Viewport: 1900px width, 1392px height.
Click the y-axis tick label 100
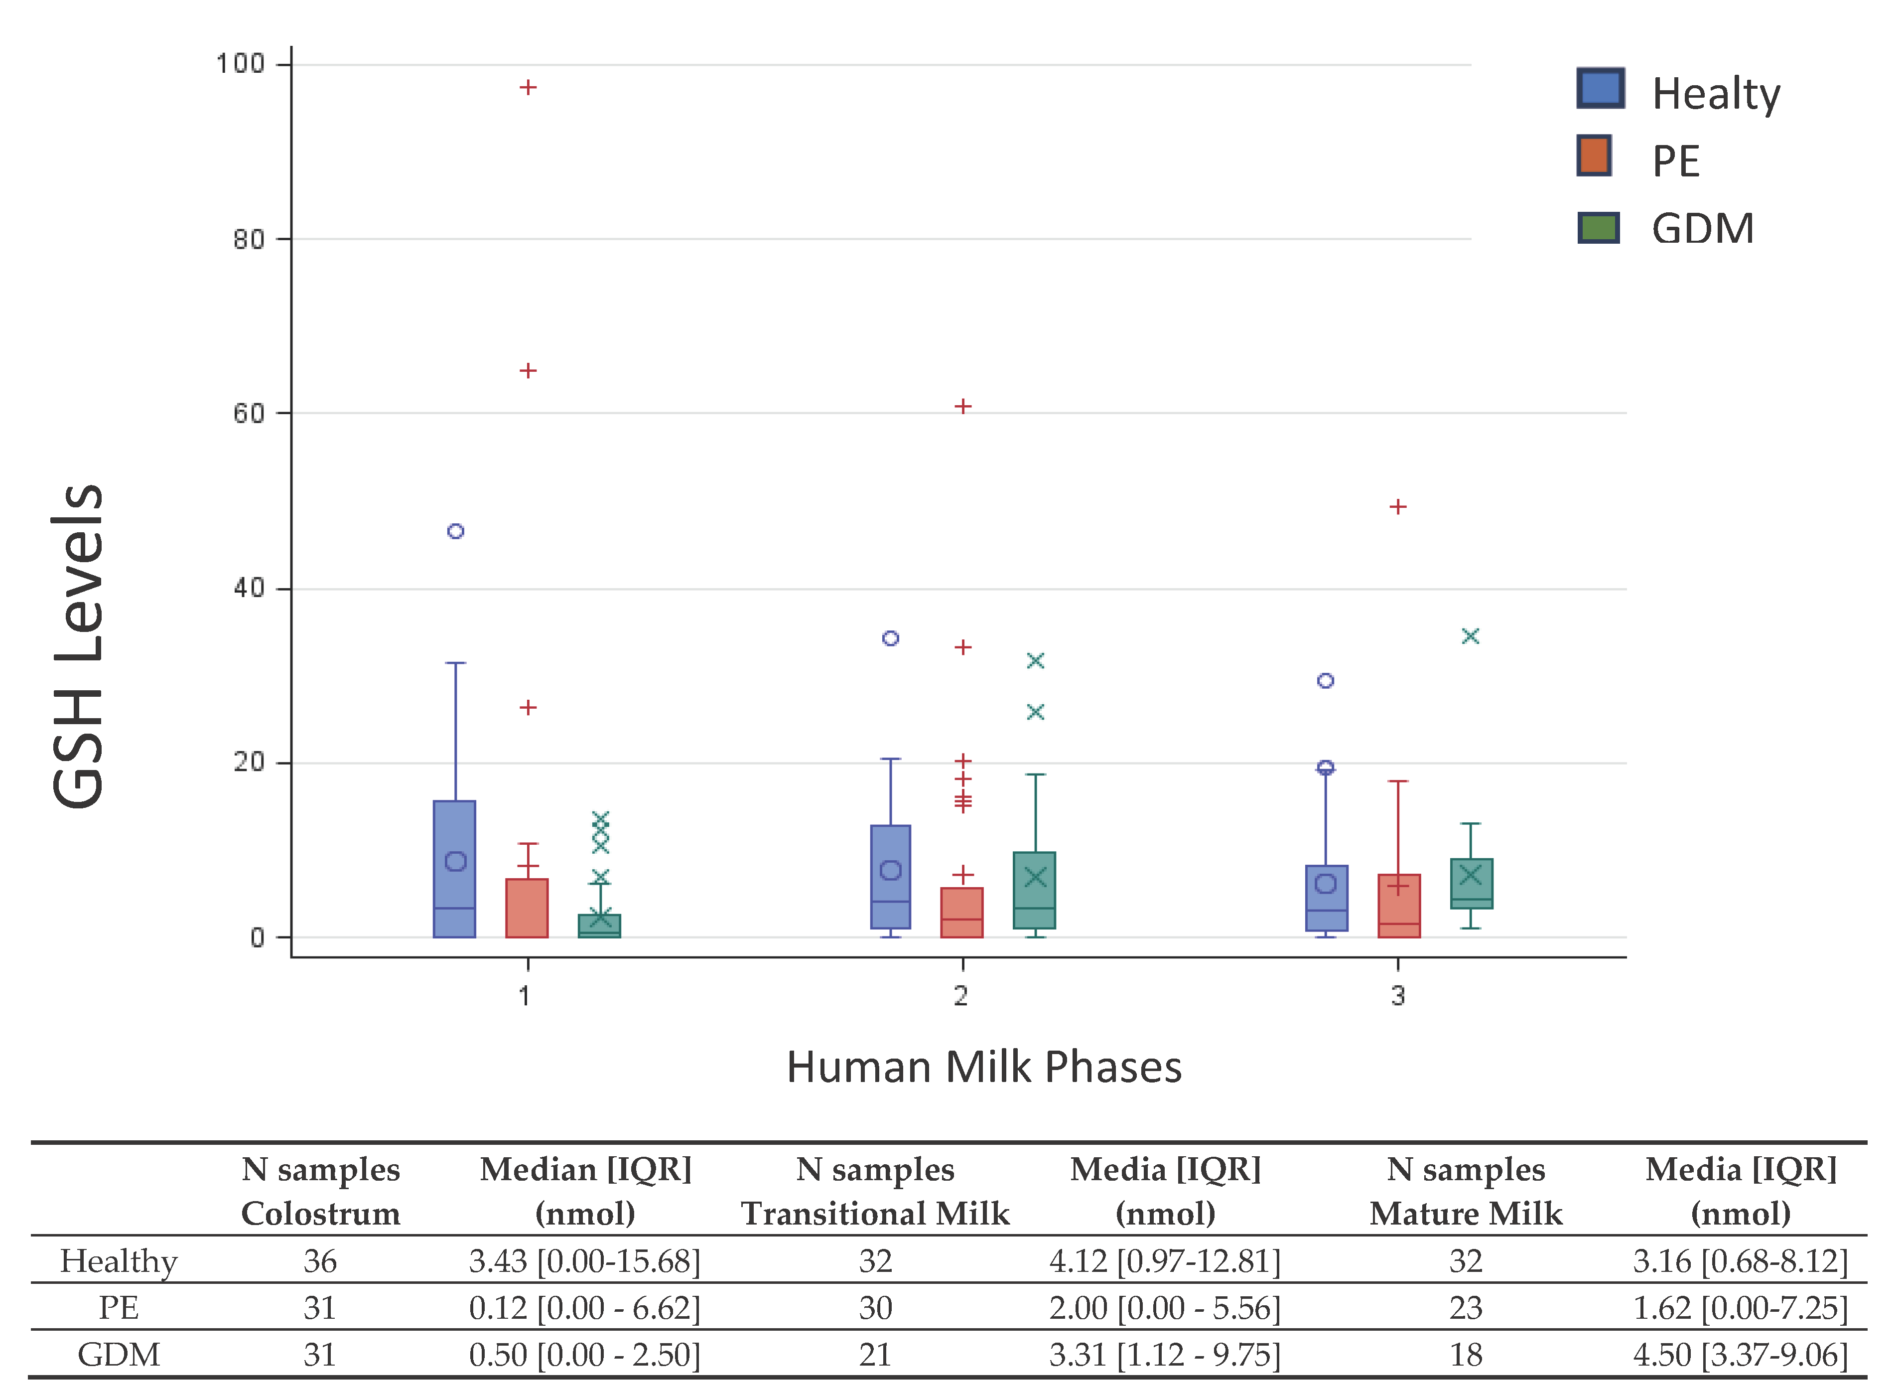coord(240,64)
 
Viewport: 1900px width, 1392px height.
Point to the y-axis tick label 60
coord(249,414)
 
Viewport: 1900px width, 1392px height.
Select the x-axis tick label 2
coord(961,996)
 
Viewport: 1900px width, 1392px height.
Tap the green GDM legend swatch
coord(1598,227)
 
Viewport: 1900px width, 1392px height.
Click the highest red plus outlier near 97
coord(528,88)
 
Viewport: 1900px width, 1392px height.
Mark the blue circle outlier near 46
coord(456,531)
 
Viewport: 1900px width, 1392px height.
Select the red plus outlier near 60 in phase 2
coord(962,406)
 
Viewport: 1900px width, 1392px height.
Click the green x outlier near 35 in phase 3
coord(1471,636)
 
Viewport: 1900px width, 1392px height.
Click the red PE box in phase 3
coord(1399,906)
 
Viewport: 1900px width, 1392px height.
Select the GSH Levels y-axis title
coord(78,646)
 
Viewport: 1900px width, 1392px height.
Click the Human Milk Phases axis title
coord(984,1068)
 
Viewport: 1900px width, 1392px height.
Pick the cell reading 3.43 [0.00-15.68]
coord(584,1261)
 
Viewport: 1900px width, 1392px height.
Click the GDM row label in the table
coord(119,1355)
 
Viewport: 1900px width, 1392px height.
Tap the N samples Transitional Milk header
coord(875,1192)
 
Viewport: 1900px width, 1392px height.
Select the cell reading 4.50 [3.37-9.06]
coord(1740,1355)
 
